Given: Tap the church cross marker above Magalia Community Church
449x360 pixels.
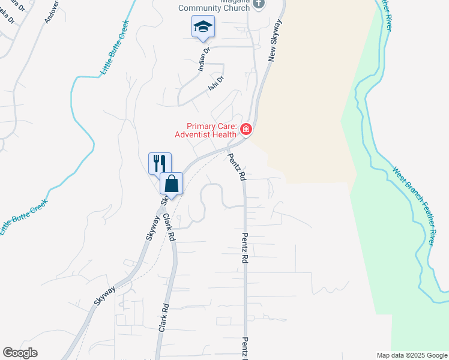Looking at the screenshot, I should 259,4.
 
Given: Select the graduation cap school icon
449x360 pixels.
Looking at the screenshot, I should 203,26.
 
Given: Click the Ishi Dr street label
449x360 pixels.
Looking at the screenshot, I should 216,83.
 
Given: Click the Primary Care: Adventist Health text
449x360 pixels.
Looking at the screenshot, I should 211,130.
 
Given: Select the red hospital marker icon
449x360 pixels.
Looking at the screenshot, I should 246,129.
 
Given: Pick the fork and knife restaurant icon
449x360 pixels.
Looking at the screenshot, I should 160,163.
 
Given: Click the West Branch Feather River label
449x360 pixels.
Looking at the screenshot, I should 414,205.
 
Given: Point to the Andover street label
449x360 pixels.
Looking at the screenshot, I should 51,11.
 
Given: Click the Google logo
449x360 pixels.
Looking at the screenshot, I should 20,353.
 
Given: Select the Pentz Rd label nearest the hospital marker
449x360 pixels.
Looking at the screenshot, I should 237,167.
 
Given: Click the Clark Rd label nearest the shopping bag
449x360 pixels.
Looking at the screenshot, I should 169,227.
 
